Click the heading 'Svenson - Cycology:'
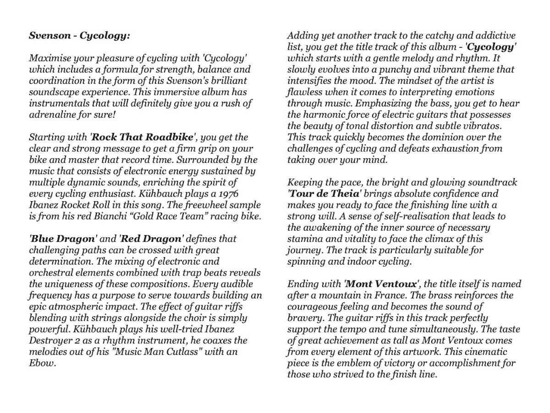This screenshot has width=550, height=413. [79, 35]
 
